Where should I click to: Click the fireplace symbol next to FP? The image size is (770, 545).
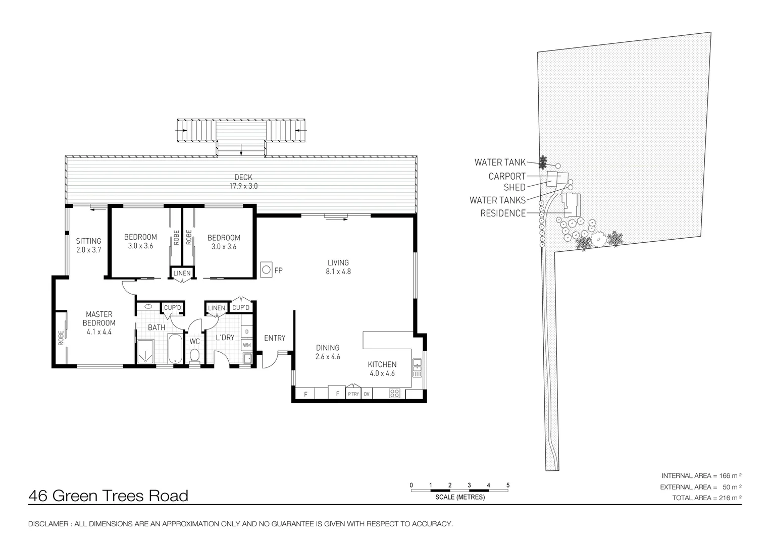[x=266, y=270]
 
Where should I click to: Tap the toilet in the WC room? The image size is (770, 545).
[x=194, y=356]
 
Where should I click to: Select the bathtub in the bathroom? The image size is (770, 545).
[x=175, y=348]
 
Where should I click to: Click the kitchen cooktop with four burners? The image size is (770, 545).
[x=394, y=393]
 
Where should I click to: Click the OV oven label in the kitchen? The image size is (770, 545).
[x=367, y=394]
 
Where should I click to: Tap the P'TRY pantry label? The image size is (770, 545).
[x=353, y=394]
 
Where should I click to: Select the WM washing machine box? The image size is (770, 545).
[x=247, y=345]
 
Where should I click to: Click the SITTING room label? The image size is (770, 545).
[x=89, y=241]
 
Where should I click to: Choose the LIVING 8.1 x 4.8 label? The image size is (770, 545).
[x=338, y=267]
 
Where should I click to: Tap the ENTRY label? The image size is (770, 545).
[x=275, y=338]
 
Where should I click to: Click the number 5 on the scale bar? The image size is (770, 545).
[x=508, y=485]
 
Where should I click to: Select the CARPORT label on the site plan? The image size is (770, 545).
[x=507, y=176]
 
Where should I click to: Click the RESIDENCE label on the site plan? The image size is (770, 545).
[x=503, y=213]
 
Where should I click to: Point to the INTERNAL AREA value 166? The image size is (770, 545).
[x=724, y=476]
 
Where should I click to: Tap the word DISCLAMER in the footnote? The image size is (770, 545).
[x=48, y=524]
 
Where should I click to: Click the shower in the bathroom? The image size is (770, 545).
[x=145, y=352]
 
